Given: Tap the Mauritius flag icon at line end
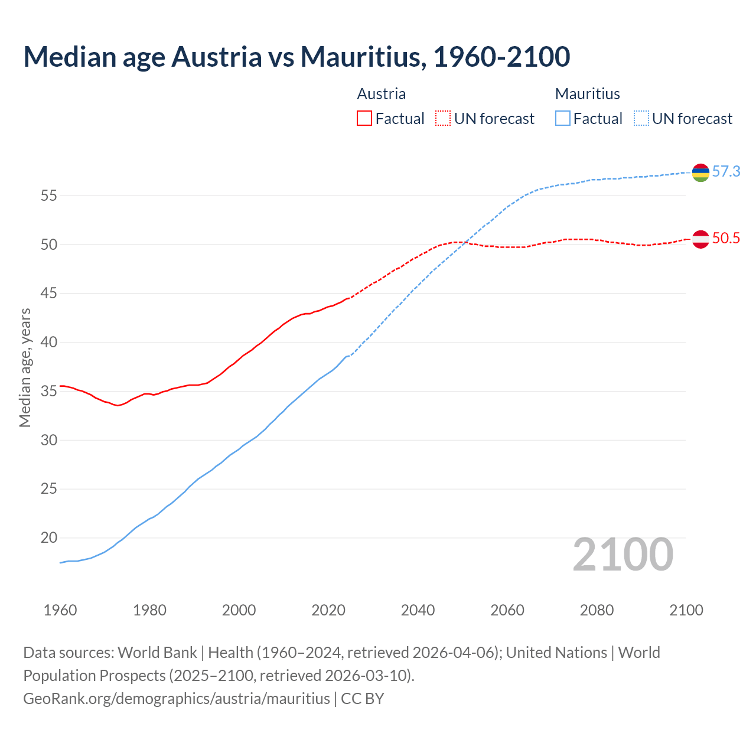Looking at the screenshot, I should [x=700, y=172].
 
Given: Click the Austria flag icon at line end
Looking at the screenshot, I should [x=700, y=239].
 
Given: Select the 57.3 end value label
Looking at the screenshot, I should [x=726, y=172].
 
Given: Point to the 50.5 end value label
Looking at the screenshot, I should [x=726, y=239].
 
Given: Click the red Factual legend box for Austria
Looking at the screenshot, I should [x=364, y=119].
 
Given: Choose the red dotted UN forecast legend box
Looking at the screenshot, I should [x=443, y=119].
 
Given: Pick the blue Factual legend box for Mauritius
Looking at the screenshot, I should [x=563, y=119].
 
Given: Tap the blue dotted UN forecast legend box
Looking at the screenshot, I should [x=641, y=119].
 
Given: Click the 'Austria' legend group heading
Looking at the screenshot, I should [x=382, y=94].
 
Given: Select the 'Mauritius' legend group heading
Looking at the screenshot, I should [x=588, y=94].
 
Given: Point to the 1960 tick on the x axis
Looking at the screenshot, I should [x=60, y=610].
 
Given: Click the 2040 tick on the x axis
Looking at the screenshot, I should [x=418, y=610].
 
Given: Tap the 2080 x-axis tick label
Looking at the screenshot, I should [x=597, y=610].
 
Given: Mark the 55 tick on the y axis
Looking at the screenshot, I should [x=48, y=195].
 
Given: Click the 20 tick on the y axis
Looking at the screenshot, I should [x=48, y=538].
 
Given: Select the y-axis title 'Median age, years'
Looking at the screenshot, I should [x=25, y=367].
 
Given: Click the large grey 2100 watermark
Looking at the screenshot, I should [x=623, y=555].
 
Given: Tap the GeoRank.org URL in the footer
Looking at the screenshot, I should [x=177, y=699].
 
